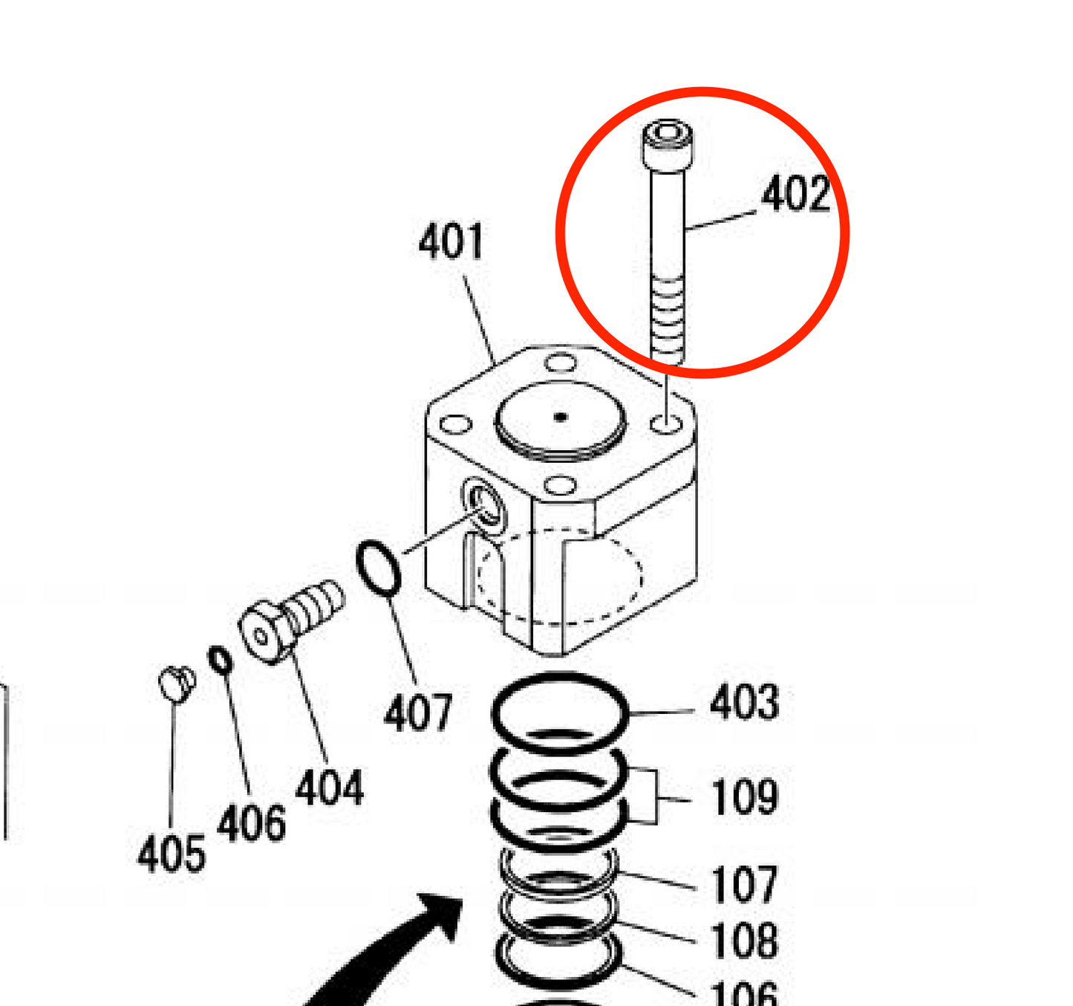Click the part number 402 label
click(x=795, y=195)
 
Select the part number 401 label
click(x=451, y=242)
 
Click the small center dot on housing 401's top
click(x=561, y=417)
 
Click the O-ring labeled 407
click(x=379, y=568)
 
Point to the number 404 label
click(x=329, y=788)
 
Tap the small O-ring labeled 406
click(x=220, y=660)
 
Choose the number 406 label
click(x=251, y=824)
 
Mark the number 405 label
click(x=171, y=854)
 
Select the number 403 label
click(x=744, y=704)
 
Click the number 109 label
click(x=744, y=798)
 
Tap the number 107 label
click(x=744, y=885)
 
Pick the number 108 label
click(x=744, y=941)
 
